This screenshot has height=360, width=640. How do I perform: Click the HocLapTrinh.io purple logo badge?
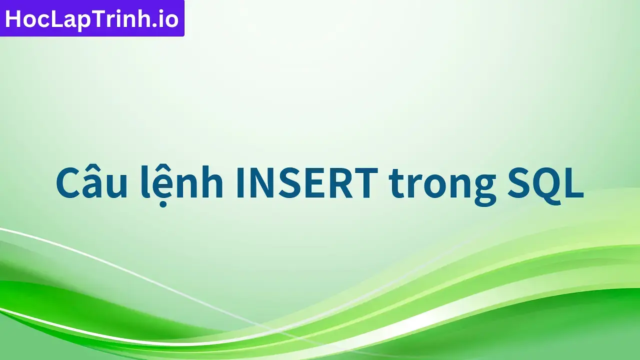pos(92,18)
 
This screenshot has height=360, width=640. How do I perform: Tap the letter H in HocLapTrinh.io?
pos(13,19)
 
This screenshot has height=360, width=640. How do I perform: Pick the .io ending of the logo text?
pos(167,19)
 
